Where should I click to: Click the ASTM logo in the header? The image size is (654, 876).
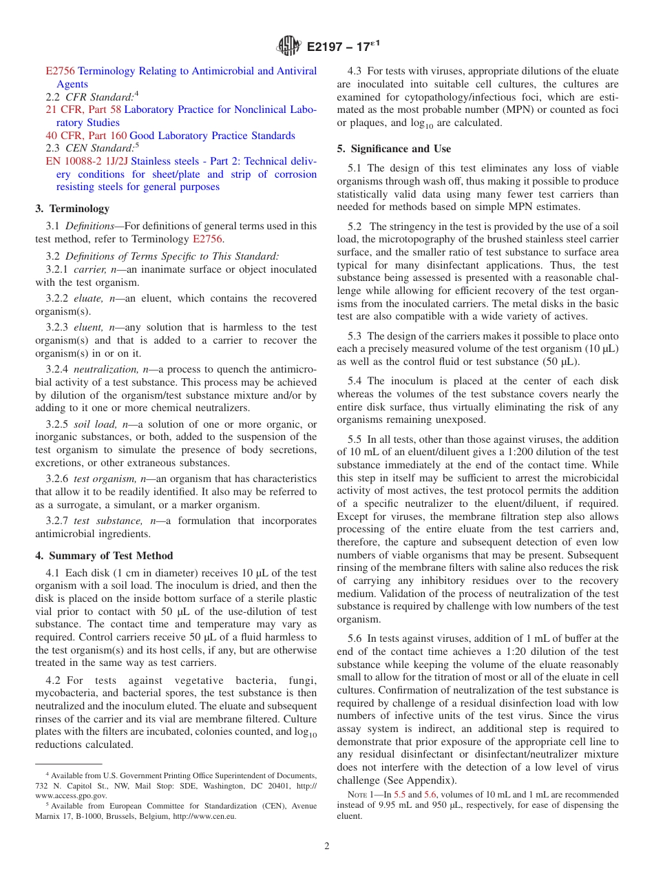(x=288, y=46)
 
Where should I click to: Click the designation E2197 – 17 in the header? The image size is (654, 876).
(x=342, y=47)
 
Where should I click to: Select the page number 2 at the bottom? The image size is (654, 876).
(x=327, y=846)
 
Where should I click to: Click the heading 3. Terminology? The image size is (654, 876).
(x=72, y=208)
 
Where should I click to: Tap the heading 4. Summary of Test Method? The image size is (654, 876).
(x=104, y=556)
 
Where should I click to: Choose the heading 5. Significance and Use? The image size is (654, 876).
(x=394, y=149)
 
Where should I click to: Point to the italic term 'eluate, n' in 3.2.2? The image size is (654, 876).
(x=96, y=298)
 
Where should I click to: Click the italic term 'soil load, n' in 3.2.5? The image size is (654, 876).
(x=99, y=424)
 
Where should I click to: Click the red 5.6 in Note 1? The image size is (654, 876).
(x=430, y=794)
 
